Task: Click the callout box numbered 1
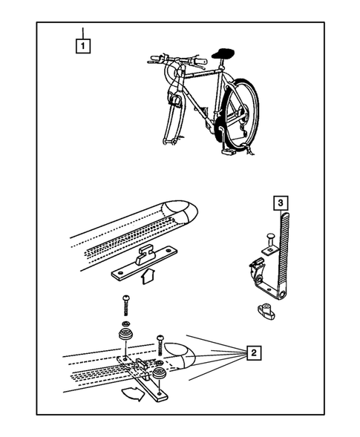(83, 46)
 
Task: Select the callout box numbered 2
(253, 353)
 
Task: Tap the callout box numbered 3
(281, 203)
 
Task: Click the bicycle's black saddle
(223, 53)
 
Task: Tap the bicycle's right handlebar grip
(200, 61)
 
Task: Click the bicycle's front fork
(172, 120)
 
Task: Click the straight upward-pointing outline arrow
(148, 276)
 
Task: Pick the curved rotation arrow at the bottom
(134, 393)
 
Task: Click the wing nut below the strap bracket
(266, 311)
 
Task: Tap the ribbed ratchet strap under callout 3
(284, 255)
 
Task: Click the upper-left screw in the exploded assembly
(125, 305)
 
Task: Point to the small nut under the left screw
(125, 323)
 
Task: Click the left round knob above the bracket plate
(125, 334)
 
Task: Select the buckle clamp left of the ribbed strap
(257, 270)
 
